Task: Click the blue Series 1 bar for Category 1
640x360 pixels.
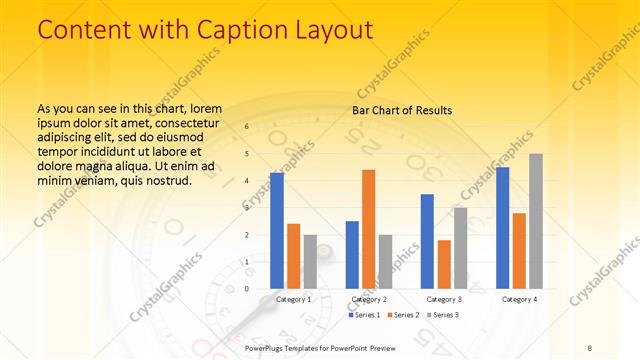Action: click(277, 231)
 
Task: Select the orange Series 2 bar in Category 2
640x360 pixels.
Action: click(368, 229)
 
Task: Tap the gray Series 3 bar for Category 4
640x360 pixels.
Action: click(536, 221)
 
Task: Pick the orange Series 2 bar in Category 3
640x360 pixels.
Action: click(444, 264)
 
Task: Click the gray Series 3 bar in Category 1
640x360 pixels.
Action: click(310, 261)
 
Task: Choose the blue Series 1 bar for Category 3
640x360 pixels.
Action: click(427, 241)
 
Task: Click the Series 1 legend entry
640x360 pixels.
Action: click(365, 315)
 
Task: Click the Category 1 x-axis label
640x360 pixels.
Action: click(293, 299)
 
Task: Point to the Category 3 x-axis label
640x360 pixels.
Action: click(443, 299)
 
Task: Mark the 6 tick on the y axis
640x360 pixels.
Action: click(246, 127)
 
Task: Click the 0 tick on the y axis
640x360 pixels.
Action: click(246, 289)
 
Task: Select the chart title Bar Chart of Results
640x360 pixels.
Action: click(402, 110)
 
